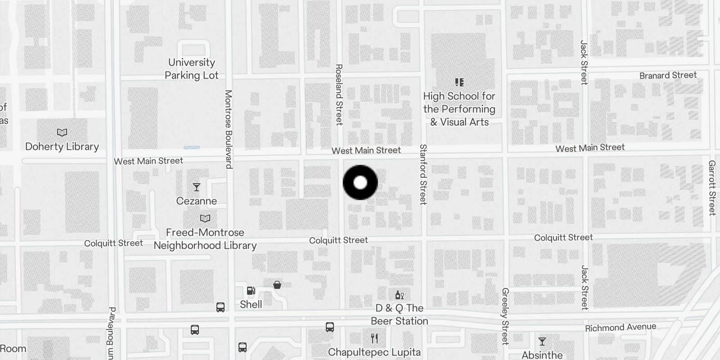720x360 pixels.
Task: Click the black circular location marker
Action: point(360,183)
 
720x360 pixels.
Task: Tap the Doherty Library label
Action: point(62,147)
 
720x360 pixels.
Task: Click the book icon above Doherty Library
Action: point(62,133)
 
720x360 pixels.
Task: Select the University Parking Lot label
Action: point(192,69)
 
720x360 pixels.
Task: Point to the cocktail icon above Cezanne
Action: point(196,187)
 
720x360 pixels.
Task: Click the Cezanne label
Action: point(197,201)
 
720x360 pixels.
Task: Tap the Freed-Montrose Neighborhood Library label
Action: point(205,239)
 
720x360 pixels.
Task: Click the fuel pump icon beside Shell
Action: point(251,291)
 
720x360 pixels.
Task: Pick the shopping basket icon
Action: point(277,285)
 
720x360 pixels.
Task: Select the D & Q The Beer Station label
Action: point(400,315)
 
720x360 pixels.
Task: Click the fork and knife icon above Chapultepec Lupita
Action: point(374,338)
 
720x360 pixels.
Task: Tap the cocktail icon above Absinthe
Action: point(542,342)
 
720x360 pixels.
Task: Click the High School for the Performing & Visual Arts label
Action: point(459,109)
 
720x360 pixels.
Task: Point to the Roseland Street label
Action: point(339,94)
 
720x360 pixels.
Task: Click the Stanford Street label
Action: point(423,175)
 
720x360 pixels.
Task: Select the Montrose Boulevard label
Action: point(228,129)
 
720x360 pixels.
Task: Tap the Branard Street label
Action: point(668,75)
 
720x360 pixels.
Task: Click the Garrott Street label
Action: point(712,188)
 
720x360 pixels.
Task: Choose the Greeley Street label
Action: point(505,316)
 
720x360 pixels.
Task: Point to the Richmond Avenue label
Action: point(621,327)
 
